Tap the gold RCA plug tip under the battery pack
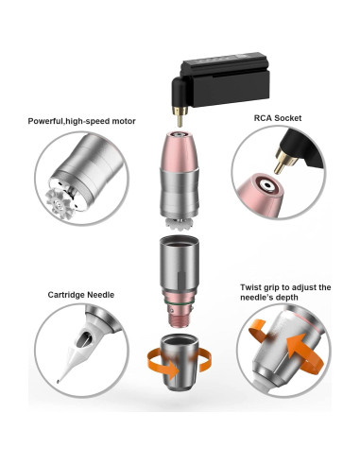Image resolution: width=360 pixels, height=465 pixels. (x=178, y=119)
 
